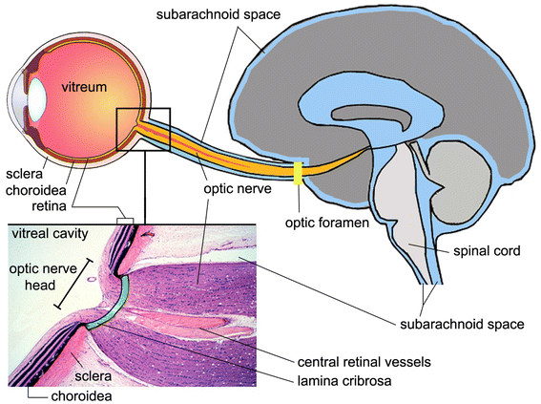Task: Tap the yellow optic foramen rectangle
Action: coord(299,173)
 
